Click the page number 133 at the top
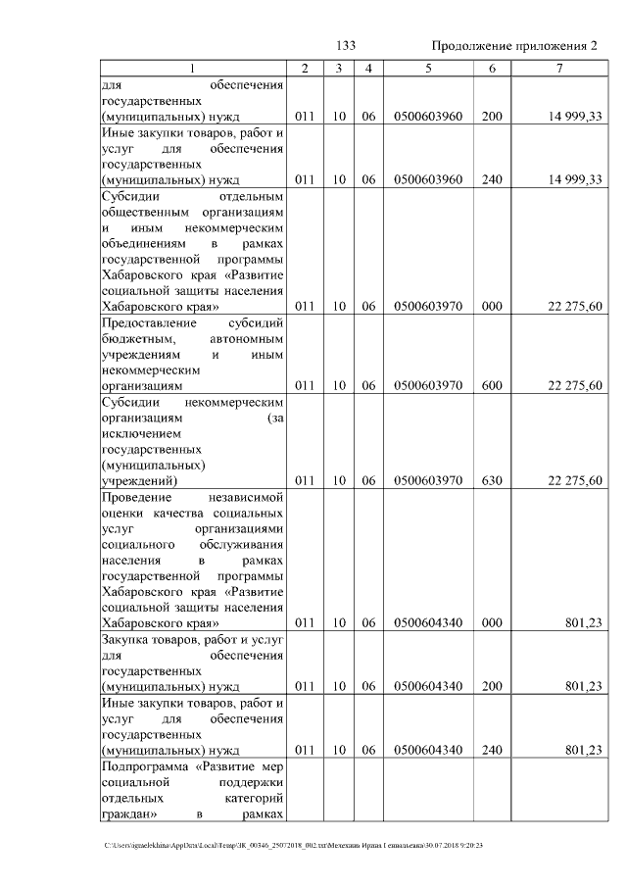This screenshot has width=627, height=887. pyautogui.click(x=345, y=47)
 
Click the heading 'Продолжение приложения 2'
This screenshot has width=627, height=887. pyautogui.click(x=513, y=47)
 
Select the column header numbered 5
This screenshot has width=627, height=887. pyautogui.click(x=428, y=68)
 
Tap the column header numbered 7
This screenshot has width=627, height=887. pyautogui.click(x=558, y=68)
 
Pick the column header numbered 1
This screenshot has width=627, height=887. pyautogui.click(x=192, y=68)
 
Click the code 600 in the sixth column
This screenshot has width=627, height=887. pyautogui.click(x=492, y=386)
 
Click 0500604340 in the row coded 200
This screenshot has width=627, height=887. pyautogui.click(x=428, y=686)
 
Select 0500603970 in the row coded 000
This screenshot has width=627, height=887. pyautogui.click(x=428, y=306)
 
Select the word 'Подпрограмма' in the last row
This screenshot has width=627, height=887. pyautogui.click(x=143, y=765)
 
